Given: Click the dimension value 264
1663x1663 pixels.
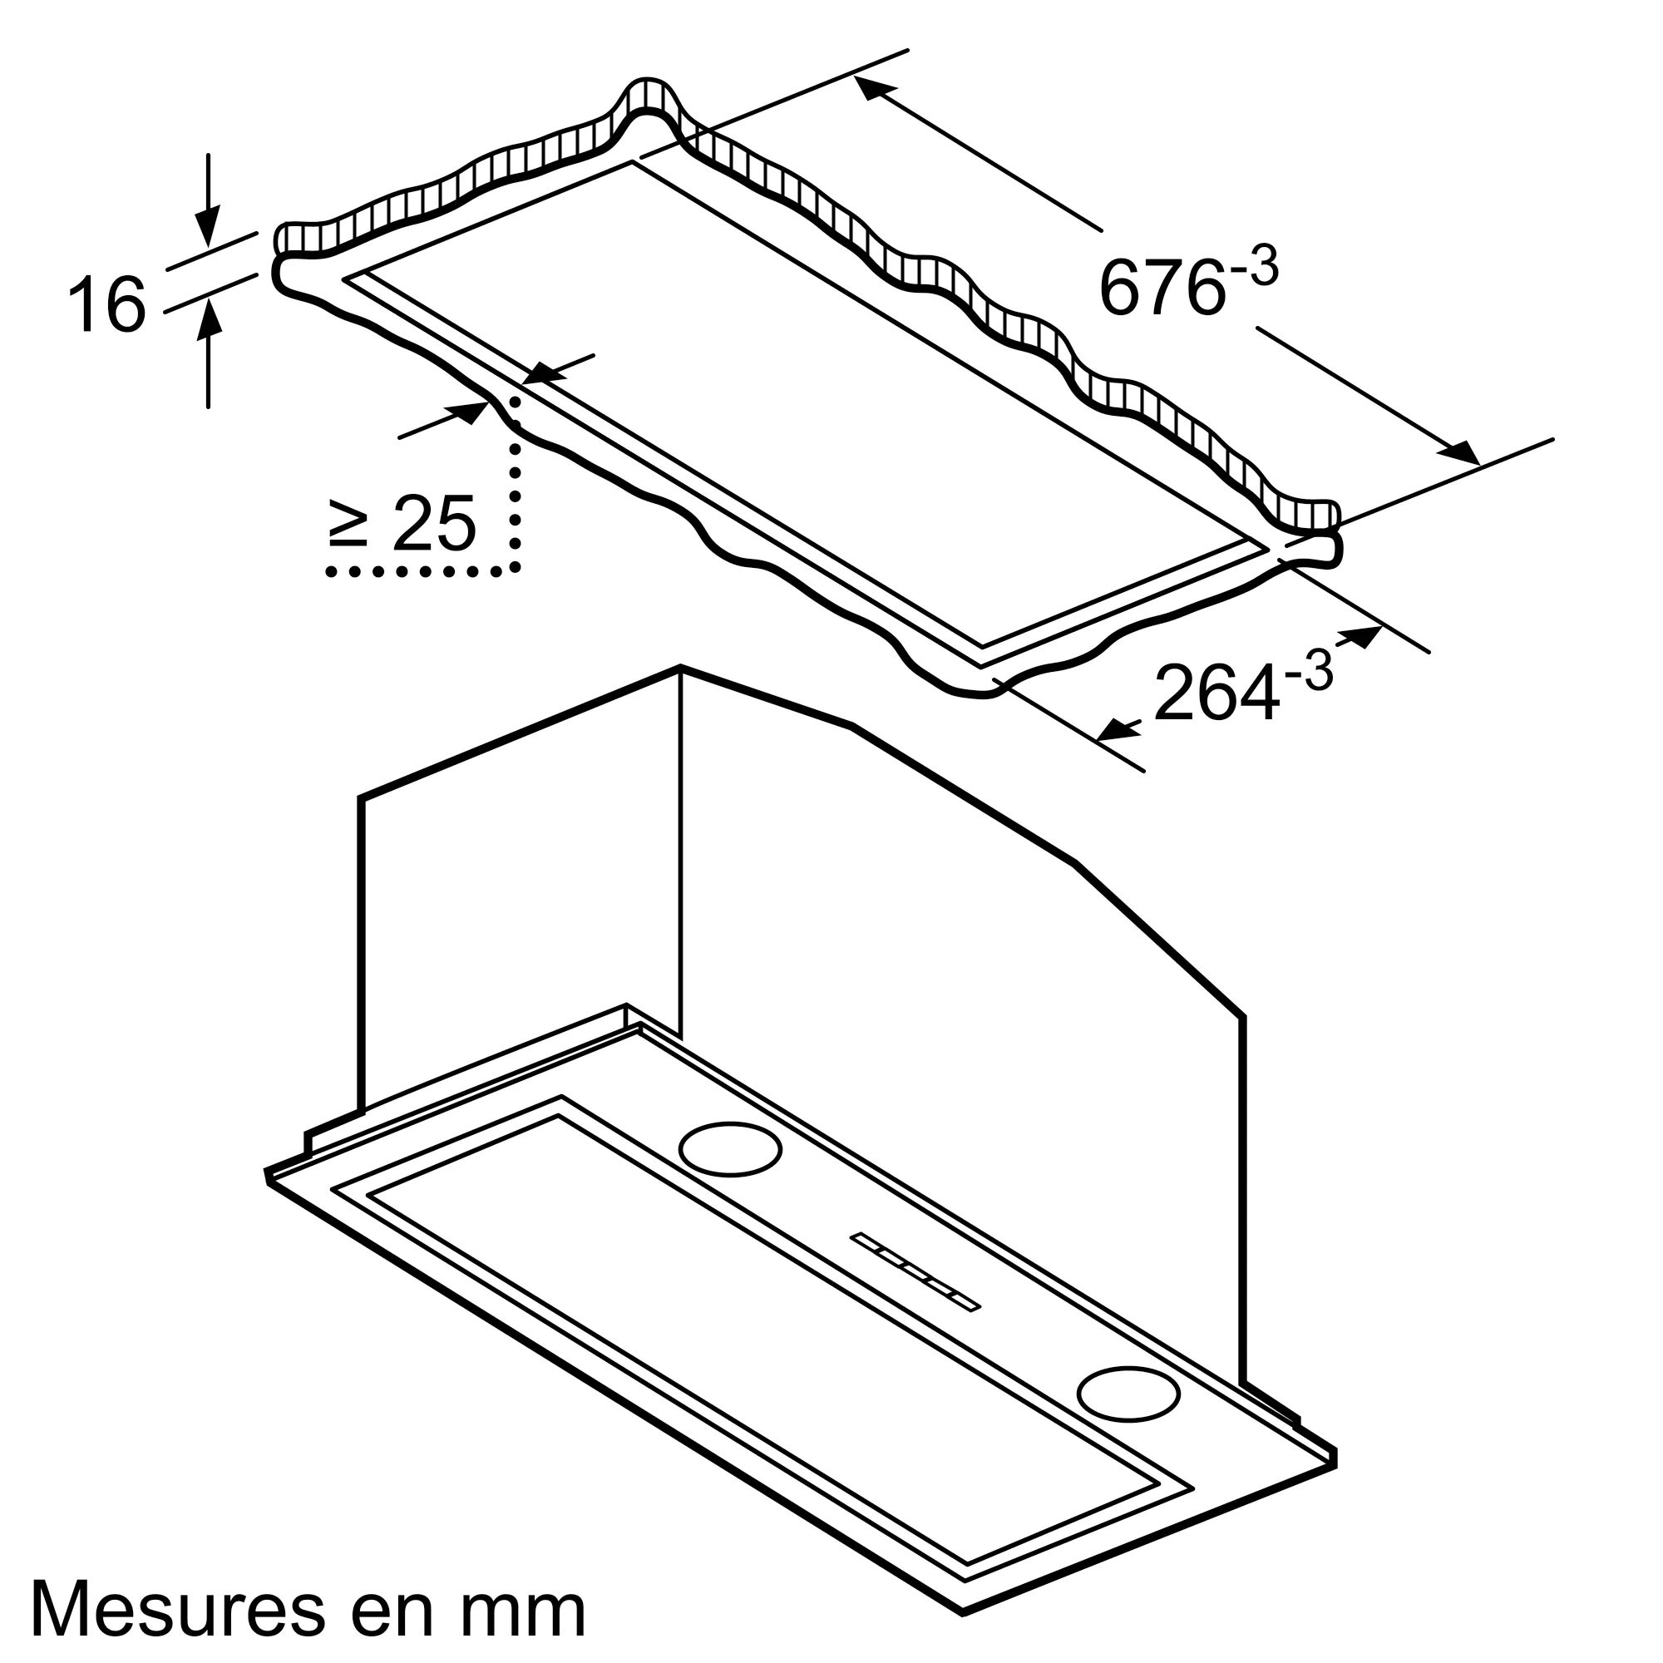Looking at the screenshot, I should (x=1216, y=693).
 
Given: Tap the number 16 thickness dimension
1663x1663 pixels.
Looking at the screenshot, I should (x=106, y=303).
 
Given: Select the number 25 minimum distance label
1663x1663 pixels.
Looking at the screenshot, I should (x=434, y=523).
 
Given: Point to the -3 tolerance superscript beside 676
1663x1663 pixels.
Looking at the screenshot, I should (x=1254, y=268).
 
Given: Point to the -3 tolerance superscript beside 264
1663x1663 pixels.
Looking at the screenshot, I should (x=1308, y=671).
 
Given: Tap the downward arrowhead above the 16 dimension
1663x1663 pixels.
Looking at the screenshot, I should (x=207, y=226).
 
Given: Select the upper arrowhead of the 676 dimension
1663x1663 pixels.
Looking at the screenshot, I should (x=874, y=87).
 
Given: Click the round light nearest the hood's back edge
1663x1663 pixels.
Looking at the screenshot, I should (x=730, y=1149).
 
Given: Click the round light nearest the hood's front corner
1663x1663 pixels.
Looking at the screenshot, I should (x=1128, y=1393).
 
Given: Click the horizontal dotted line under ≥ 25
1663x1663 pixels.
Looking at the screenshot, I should (x=413, y=571).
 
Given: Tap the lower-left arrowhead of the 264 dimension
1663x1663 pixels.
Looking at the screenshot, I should (x=1117, y=731).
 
